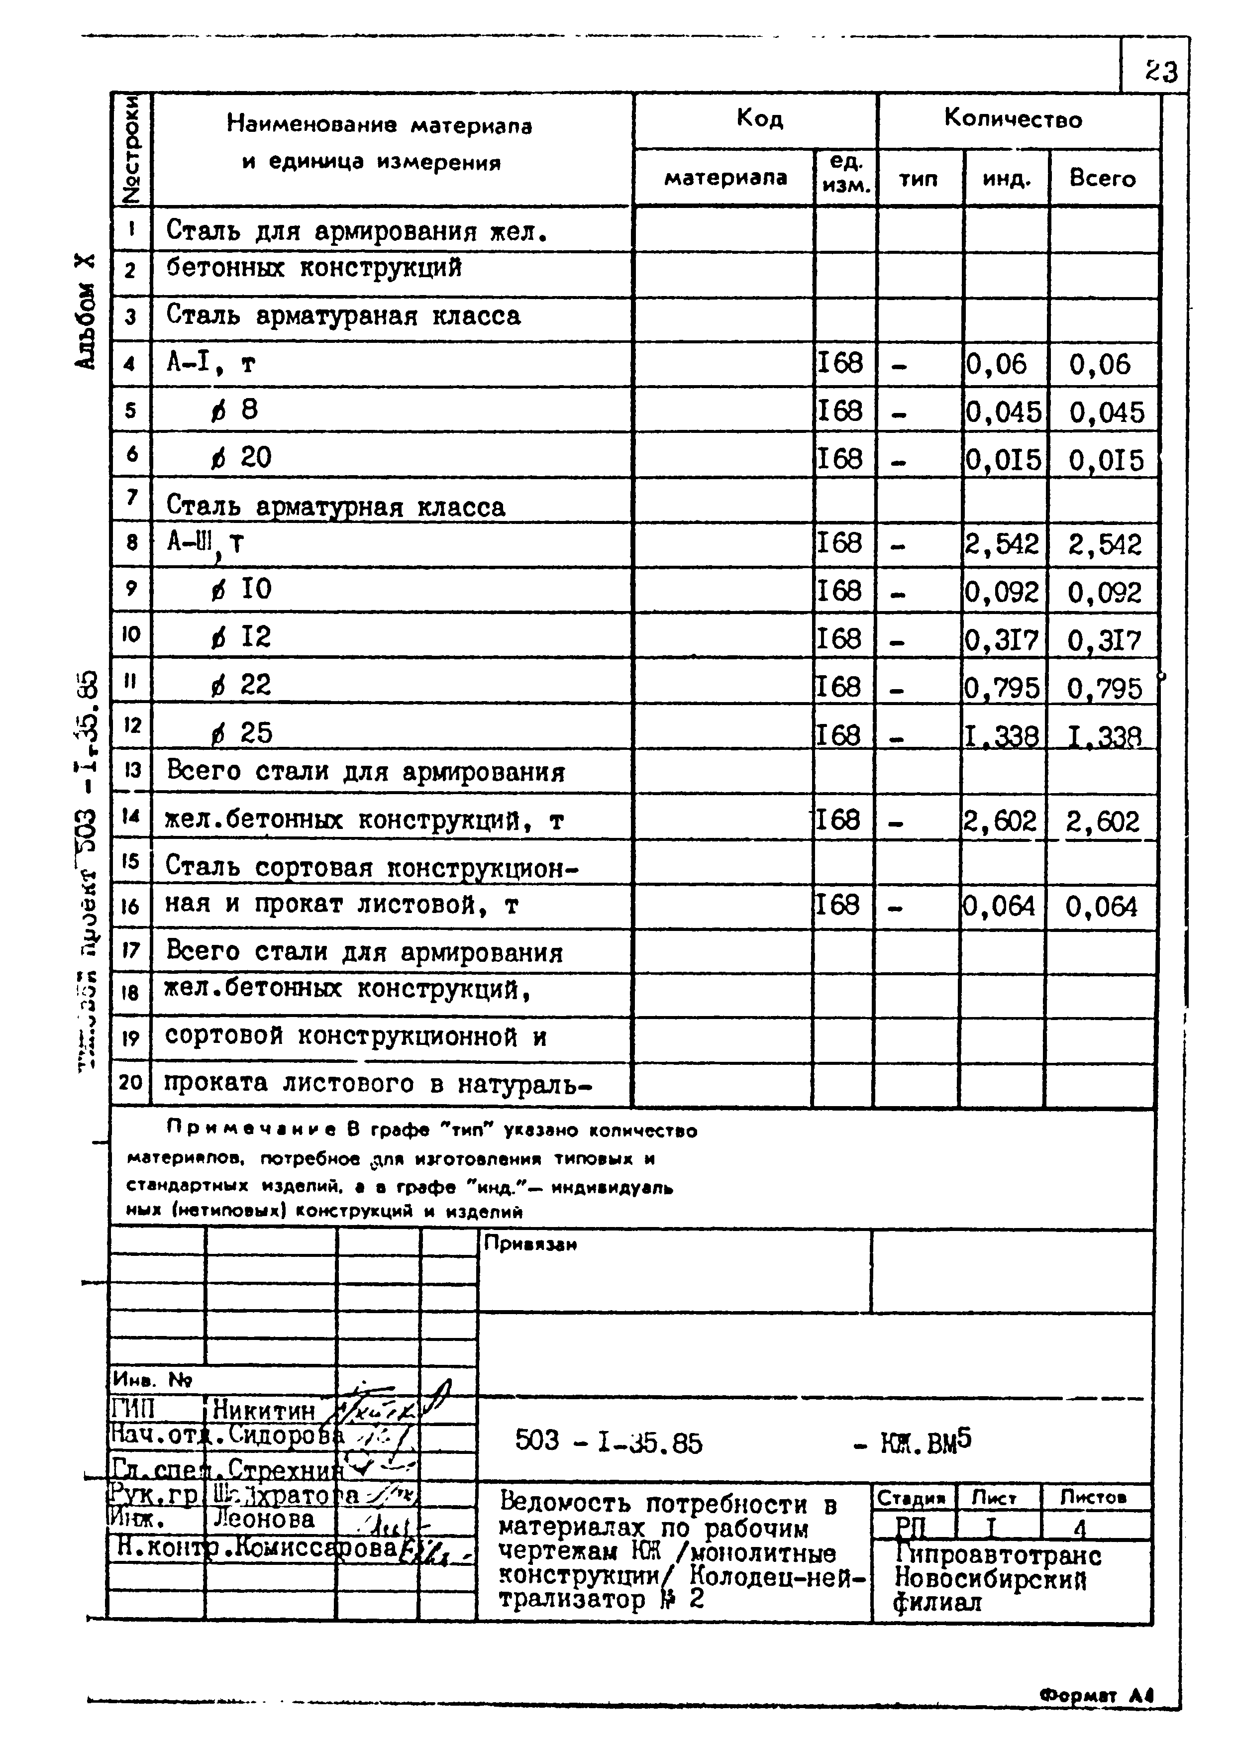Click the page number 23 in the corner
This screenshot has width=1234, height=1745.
coord(1161,72)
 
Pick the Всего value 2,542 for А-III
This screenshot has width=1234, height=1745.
coord(1104,544)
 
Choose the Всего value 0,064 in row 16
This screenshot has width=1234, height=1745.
coord(1101,906)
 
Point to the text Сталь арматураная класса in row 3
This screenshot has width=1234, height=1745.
coord(343,315)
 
